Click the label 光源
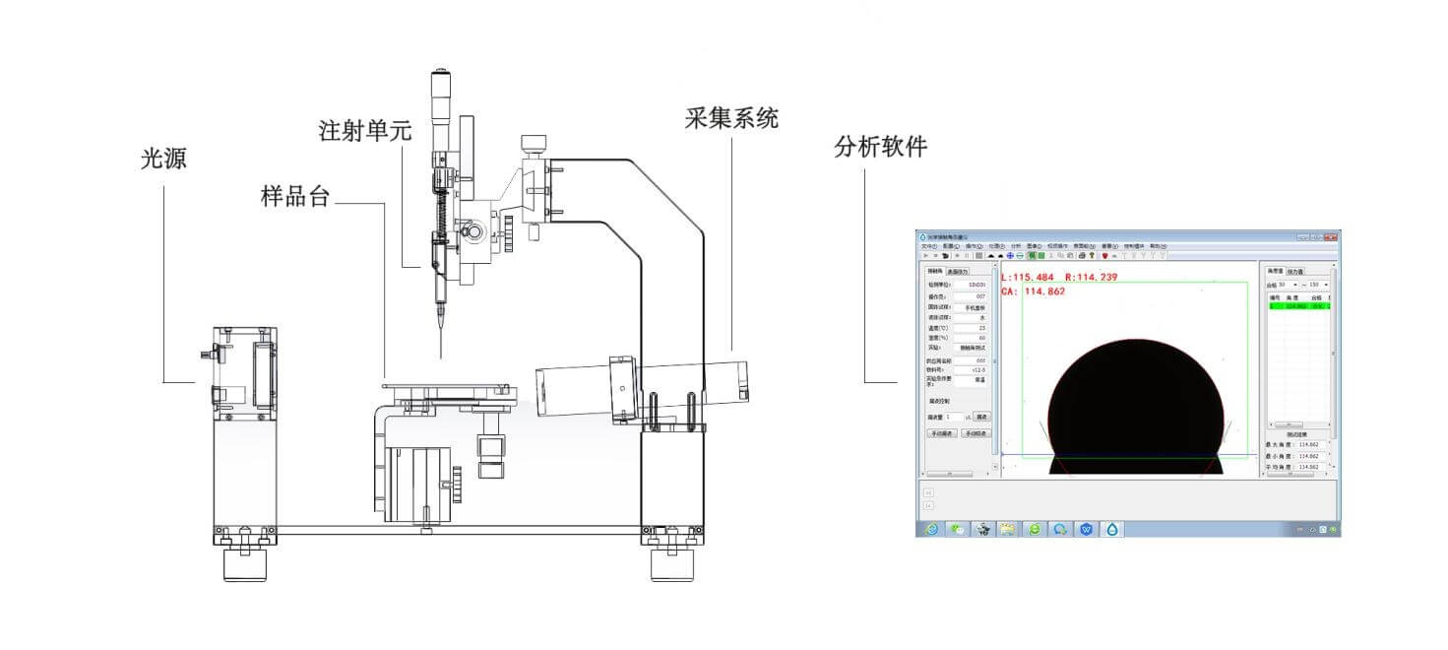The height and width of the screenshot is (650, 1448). [163, 158]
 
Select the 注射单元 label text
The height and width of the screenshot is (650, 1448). [364, 130]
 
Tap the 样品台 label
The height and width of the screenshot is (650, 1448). [295, 195]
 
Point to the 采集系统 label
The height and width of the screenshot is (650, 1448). [731, 118]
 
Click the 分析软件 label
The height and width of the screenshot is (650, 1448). [880, 147]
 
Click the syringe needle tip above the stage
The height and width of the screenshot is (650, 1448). [440, 357]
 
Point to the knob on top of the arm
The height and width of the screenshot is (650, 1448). [535, 142]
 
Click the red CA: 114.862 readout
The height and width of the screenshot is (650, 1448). [1035, 292]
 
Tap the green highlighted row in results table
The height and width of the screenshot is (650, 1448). [1297, 306]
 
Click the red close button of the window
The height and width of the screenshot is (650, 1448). [1330, 236]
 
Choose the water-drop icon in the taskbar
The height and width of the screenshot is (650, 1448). [1112, 529]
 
